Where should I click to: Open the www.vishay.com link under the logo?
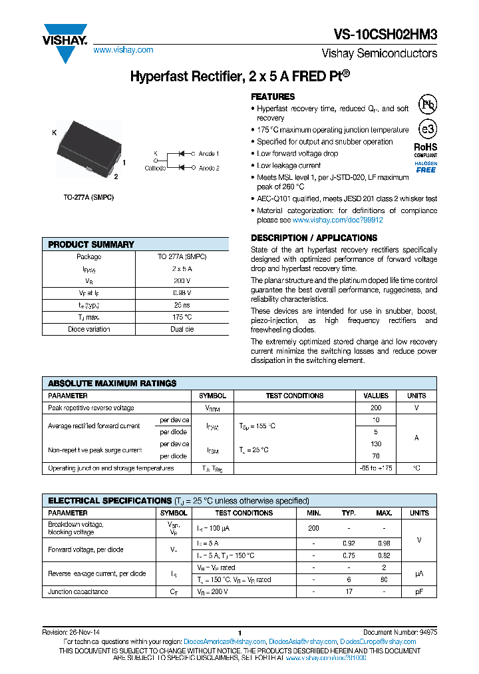pos(123,50)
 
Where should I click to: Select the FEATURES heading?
pos(273,97)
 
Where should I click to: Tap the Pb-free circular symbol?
pos(427,105)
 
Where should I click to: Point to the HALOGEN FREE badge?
pos(426,167)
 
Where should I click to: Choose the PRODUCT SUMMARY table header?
pos(91,244)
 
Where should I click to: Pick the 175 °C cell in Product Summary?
pos(182,317)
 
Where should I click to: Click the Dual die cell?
pos(182,329)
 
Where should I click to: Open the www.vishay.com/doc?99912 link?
pos(337,220)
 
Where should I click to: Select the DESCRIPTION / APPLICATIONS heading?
pos(314,238)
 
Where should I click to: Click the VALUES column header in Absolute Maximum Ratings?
pos(376,396)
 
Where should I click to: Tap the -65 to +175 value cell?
pos(376,468)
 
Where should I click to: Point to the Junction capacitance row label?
pos(78,591)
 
